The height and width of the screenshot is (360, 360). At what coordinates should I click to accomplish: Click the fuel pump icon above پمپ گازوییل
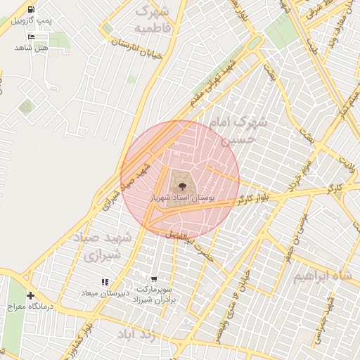tap(30, 10)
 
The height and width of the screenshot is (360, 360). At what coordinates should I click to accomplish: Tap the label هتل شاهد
tap(31, 47)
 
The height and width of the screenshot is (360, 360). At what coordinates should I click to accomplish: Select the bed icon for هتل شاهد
tap(30, 36)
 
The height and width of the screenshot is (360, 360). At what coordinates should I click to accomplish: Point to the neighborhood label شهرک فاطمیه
tap(153, 19)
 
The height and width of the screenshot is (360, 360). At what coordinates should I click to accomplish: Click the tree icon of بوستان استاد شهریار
tap(183, 186)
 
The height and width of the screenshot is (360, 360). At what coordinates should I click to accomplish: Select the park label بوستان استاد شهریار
tap(181, 199)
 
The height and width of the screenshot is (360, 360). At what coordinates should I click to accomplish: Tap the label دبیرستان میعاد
tap(103, 293)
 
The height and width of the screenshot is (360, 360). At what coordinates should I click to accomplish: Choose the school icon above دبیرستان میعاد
tap(105, 282)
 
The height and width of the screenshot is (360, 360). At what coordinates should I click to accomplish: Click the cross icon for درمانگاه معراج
tap(30, 295)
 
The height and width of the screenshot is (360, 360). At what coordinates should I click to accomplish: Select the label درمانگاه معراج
tap(25, 307)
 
